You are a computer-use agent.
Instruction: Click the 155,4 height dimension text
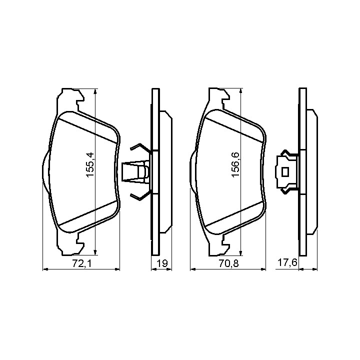click(x=90, y=164)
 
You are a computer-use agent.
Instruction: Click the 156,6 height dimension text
click(x=236, y=164)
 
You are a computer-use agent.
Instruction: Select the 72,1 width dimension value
click(x=81, y=263)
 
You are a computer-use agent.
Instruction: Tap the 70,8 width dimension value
click(x=228, y=263)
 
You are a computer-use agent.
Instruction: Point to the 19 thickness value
click(x=162, y=263)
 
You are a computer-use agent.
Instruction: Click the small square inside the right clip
click(x=285, y=171)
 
